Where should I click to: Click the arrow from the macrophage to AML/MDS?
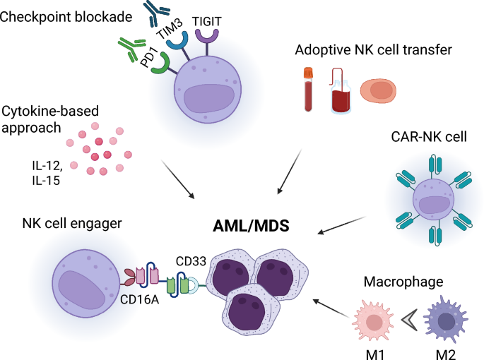click(329, 309)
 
